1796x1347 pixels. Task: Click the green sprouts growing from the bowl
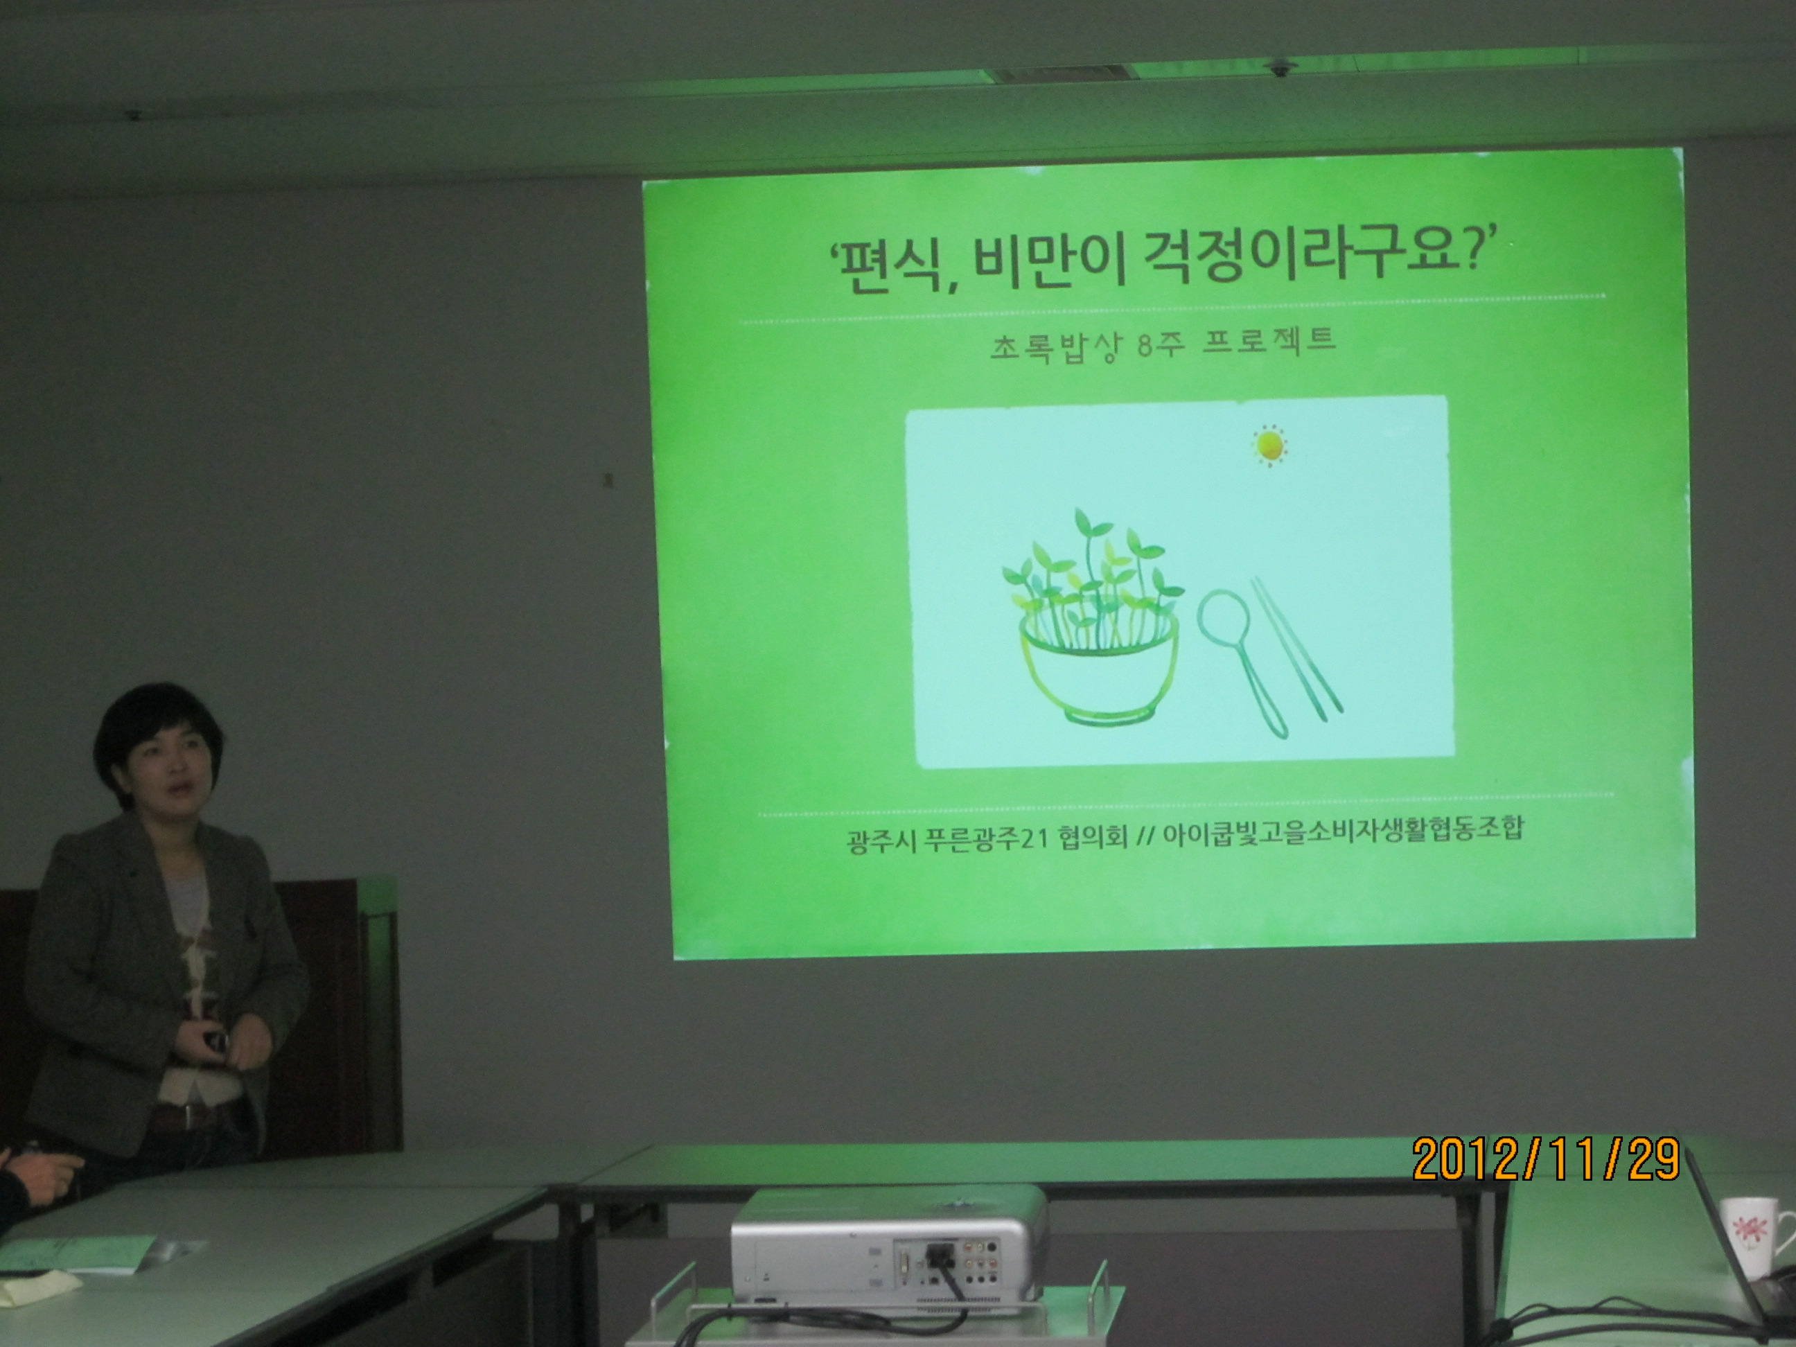pos(1083,581)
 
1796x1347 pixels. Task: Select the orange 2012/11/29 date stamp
pos(1546,1159)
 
